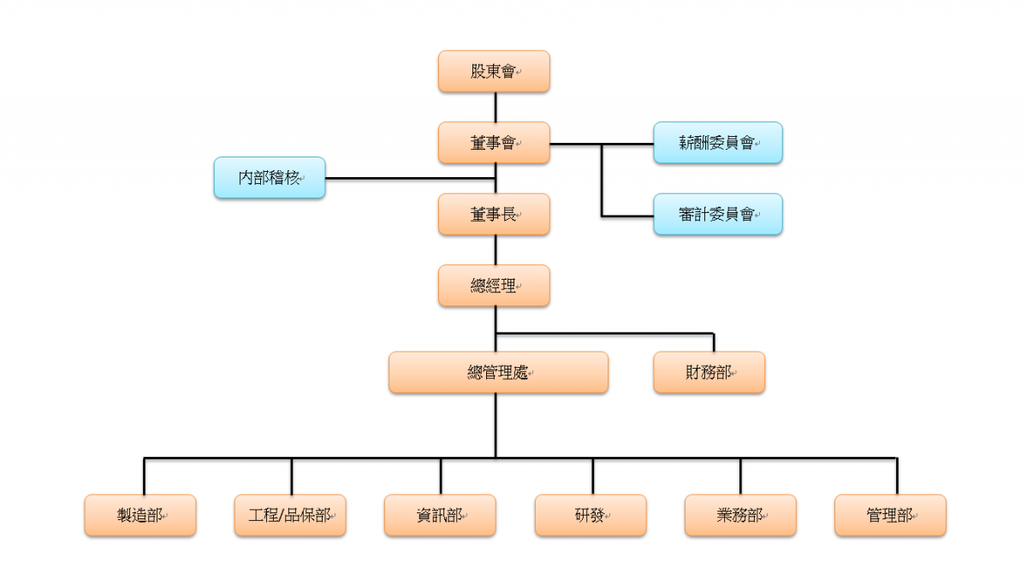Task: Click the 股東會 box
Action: (x=494, y=72)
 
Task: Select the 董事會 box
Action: (x=494, y=143)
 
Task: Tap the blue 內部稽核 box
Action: (x=270, y=178)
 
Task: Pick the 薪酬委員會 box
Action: (x=718, y=143)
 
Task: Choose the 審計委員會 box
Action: (x=718, y=215)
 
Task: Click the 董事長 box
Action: (x=494, y=215)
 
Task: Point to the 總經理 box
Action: (x=494, y=286)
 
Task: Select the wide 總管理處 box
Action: (x=498, y=372)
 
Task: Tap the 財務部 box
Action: (x=709, y=372)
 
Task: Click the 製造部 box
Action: (x=140, y=515)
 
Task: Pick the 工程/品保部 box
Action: (x=290, y=515)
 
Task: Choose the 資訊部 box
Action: (x=440, y=515)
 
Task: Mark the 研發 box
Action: (x=591, y=515)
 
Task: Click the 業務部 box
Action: (x=740, y=515)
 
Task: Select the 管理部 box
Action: (x=890, y=515)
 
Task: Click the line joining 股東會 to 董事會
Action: (x=496, y=107)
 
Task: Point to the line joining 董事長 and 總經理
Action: (x=496, y=250)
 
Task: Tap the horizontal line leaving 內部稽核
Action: (x=410, y=178)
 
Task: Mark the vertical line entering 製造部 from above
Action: (x=144, y=476)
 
